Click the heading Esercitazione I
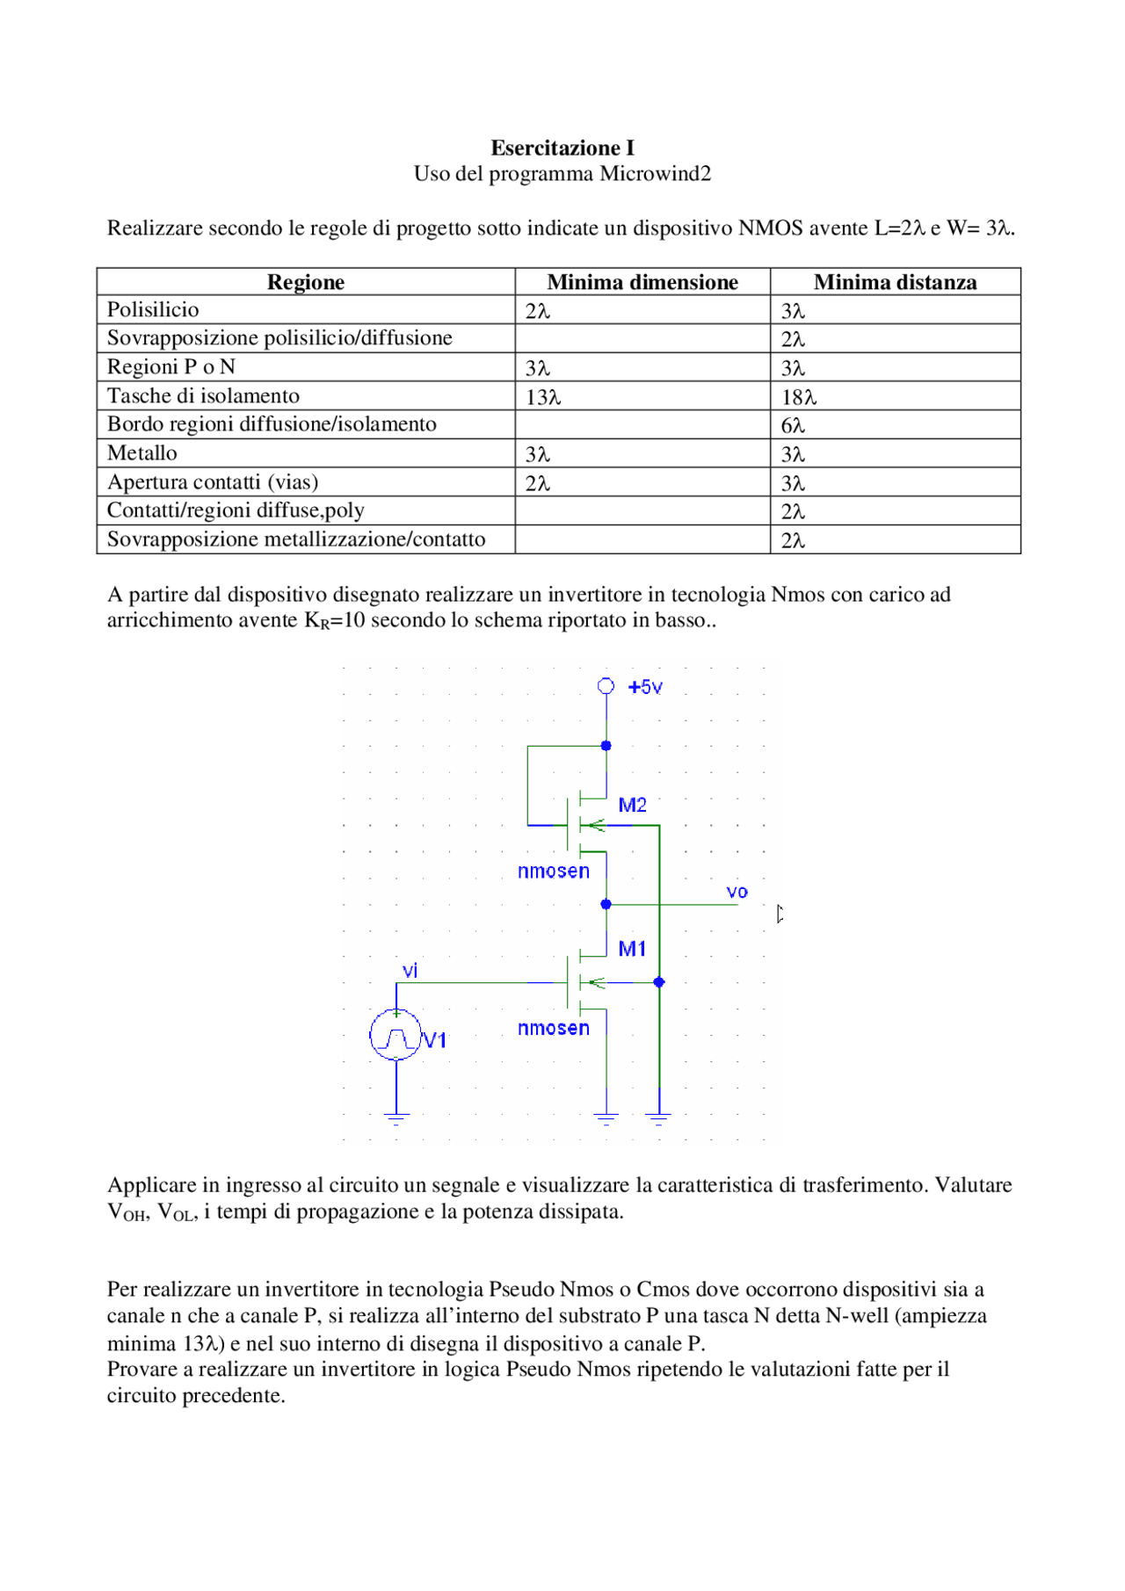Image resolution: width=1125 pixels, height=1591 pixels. pyautogui.click(x=562, y=148)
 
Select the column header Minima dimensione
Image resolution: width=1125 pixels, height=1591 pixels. pyautogui.click(x=642, y=282)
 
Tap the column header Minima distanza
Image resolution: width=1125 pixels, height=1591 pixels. pyautogui.click(x=895, y=282)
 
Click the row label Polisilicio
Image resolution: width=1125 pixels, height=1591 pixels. pyautogui.click(x=153, y=310)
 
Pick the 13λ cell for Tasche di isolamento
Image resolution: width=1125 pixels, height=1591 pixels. pyautogui.click(x=543, y=397)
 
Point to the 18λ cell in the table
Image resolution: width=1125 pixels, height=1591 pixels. pyautogui.click(x=799, y=397)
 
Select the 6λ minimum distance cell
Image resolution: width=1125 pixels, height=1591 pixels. pyautogui.click(x=793, y=426)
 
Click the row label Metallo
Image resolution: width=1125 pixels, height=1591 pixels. pyautogui.click(x=142, y=453)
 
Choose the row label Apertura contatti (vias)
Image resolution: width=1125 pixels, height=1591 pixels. pyautogui.click(x=213, y=482)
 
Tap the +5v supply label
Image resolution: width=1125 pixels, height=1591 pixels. pyautogui.click(x=645, y=687)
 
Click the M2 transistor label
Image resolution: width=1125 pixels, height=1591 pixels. pyautogui.click(x=632, y=805)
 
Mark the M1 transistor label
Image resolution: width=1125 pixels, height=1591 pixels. pyautogui.click(x=632, y=949)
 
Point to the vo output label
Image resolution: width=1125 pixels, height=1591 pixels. pyautogui.click(x=737, y=892)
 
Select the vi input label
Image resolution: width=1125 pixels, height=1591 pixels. pyautogui.click(x=410, y=970)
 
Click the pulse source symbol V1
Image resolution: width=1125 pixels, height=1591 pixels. pyautogui.click(x=396, y=1035)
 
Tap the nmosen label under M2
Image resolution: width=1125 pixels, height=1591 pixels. pyautogui.click(x=553, y=871)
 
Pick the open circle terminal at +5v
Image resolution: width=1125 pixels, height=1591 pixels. pyautogui.click(x=606, y=686)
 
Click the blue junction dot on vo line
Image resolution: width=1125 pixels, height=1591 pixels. pyautogui.click(x=606, y=904)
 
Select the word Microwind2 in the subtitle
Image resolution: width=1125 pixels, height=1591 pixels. pyautogui.click(x=655, y=174)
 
